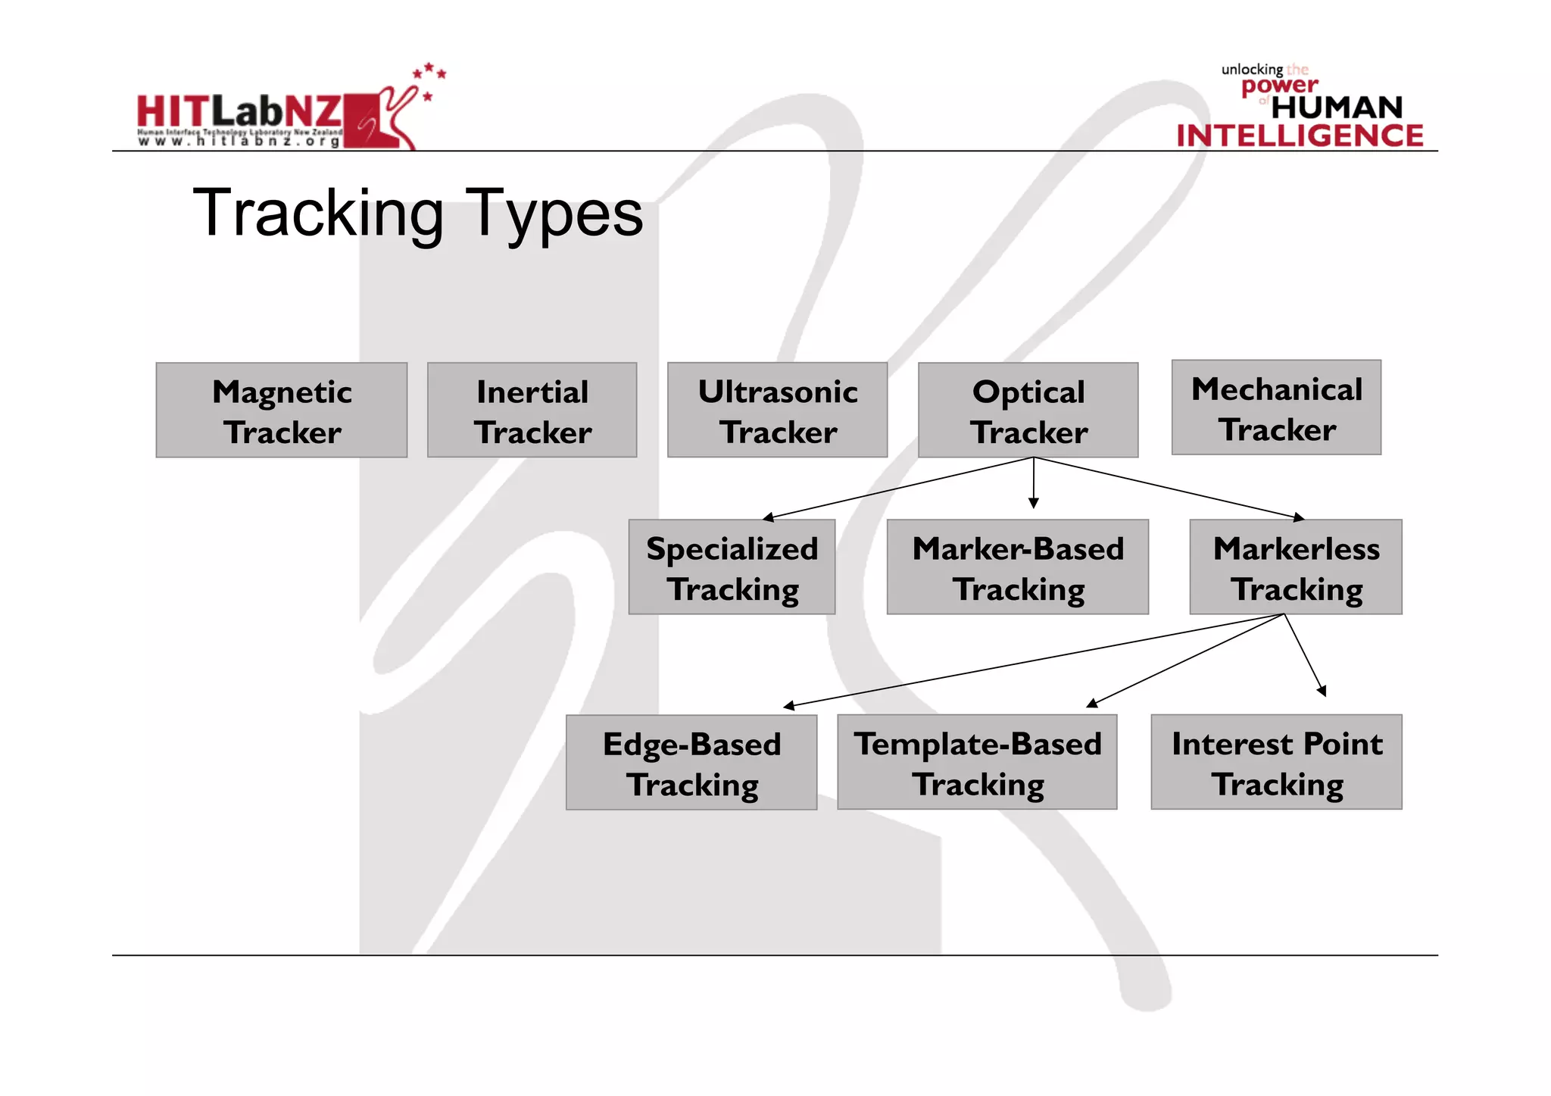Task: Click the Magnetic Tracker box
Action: pos(281,410)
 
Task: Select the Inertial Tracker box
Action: pos(532,410)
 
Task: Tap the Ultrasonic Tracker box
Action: pos(777,410)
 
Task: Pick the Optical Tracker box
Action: pos(1028,410)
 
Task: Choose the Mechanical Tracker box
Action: pos(1276,407)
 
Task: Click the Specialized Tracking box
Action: pos(732,567)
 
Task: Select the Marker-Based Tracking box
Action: pos(1017,567)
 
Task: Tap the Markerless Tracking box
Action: pos(1295,567)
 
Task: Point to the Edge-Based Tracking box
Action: pos(691,762)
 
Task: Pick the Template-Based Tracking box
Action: pos(976,762)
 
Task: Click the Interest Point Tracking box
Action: pos(1276,762)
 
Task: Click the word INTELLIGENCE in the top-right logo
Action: pos(1300,136)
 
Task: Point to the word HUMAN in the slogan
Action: pos(1337,108)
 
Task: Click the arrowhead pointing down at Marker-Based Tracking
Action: pos(1033,503)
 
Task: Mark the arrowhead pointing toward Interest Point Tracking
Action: pos(1322,690)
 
